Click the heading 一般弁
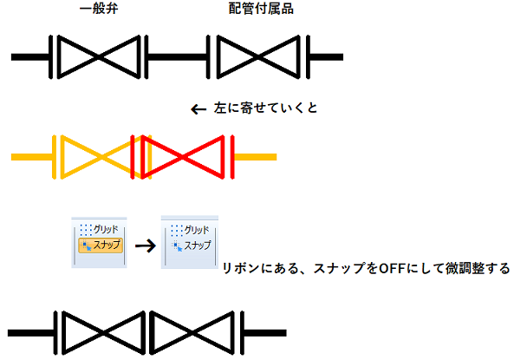point(99,9)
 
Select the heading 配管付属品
point(261,9)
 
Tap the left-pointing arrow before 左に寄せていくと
point(198,109)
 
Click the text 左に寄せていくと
point(265,108)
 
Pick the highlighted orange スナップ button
point(101,245)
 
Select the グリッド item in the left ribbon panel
point(99,230)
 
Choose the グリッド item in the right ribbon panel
point(190,230)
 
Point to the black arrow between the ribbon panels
point(146,245)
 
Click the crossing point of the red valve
point(183,157)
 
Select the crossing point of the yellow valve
point(102,157)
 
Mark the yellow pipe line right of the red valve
point(256,157)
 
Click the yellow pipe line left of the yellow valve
point(32,157)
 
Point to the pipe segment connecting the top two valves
point(177,57)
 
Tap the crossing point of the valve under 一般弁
point(99,57)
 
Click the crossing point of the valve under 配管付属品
point(258,57)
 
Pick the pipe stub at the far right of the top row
point(327,57)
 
